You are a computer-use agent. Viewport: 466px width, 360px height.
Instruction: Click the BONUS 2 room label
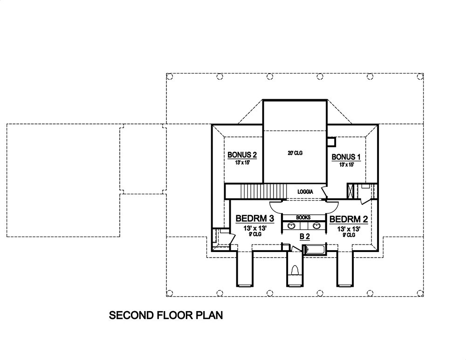coord(242,155)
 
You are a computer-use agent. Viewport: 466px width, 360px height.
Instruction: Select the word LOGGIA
coord(305,192)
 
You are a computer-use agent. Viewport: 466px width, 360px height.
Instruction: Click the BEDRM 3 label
coord(254,218)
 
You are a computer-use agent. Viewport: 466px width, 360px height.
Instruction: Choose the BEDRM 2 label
coord(348,218)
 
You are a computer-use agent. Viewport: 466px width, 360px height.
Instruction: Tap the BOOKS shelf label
coord(303,217)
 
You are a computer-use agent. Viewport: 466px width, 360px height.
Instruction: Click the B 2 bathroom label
coord(305,237)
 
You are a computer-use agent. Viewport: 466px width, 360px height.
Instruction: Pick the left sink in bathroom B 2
coord(292,226)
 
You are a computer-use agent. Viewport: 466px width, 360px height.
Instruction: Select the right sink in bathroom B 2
coord(316,226)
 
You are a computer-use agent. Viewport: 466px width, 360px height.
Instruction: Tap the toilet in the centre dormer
coord(295,270)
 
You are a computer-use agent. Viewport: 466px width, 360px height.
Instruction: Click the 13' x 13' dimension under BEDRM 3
coord(254,228)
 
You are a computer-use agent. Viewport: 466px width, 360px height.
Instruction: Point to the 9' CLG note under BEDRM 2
coord(349,235)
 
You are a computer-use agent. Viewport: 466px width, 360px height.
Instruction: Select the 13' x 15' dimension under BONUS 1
coord(346,165)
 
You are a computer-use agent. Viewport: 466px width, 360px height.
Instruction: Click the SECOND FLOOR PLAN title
coord(166,315)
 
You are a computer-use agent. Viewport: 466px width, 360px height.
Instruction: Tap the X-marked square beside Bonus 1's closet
coord(351,192)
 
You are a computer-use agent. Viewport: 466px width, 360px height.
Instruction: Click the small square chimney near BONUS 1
coord(332,142)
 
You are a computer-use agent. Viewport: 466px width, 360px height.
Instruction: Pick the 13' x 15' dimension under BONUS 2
coord(242,163)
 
